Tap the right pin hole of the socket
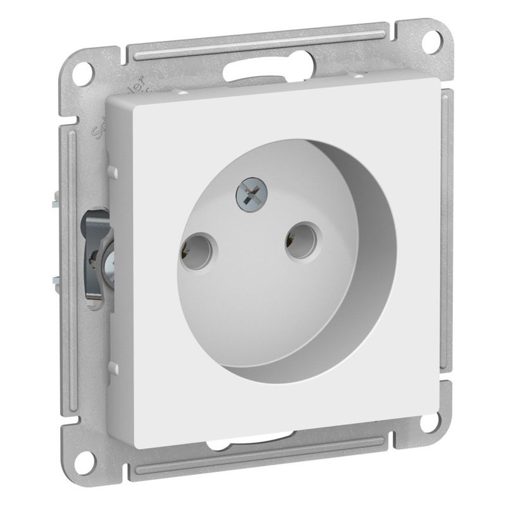(x=300, y=240)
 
